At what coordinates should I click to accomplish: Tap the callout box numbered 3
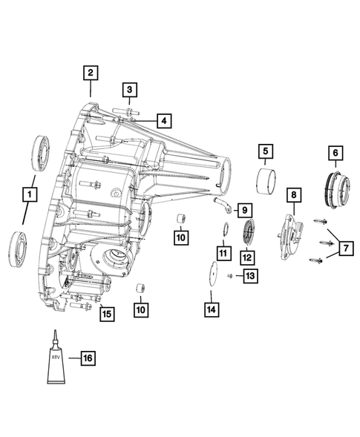click(x=129, y=91)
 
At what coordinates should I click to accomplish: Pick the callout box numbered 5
click(x=264, y=152)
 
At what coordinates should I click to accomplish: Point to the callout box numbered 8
click(x=294, y=194)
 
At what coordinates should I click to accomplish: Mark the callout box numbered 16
click(x=87, y=358)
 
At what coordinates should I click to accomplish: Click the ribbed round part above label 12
click(x=248, y=231)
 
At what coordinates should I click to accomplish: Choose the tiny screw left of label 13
click(x=231, y=276)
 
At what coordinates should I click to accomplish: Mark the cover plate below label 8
click(x=292, y=236)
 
